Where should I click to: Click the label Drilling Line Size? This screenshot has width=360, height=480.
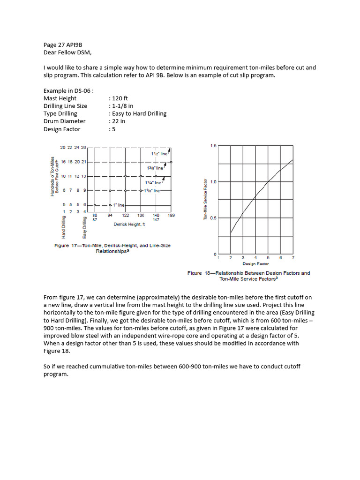(65, 106)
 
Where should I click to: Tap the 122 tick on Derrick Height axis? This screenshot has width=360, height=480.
(126, 215)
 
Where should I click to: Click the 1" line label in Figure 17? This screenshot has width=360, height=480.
(119, 205)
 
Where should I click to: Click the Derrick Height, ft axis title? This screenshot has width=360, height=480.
(129, 225)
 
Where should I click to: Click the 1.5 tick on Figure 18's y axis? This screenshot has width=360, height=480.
(213, 146)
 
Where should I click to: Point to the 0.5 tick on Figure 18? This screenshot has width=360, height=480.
(213, 218)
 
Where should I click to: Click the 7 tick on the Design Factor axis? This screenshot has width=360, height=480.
(293, 258)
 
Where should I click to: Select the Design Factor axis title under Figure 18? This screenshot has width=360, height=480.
(255, 264)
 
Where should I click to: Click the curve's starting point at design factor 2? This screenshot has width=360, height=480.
(231, 232)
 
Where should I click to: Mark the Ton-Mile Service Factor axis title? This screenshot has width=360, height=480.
(205, 199)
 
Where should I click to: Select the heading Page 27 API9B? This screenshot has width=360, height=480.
(63, 45)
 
